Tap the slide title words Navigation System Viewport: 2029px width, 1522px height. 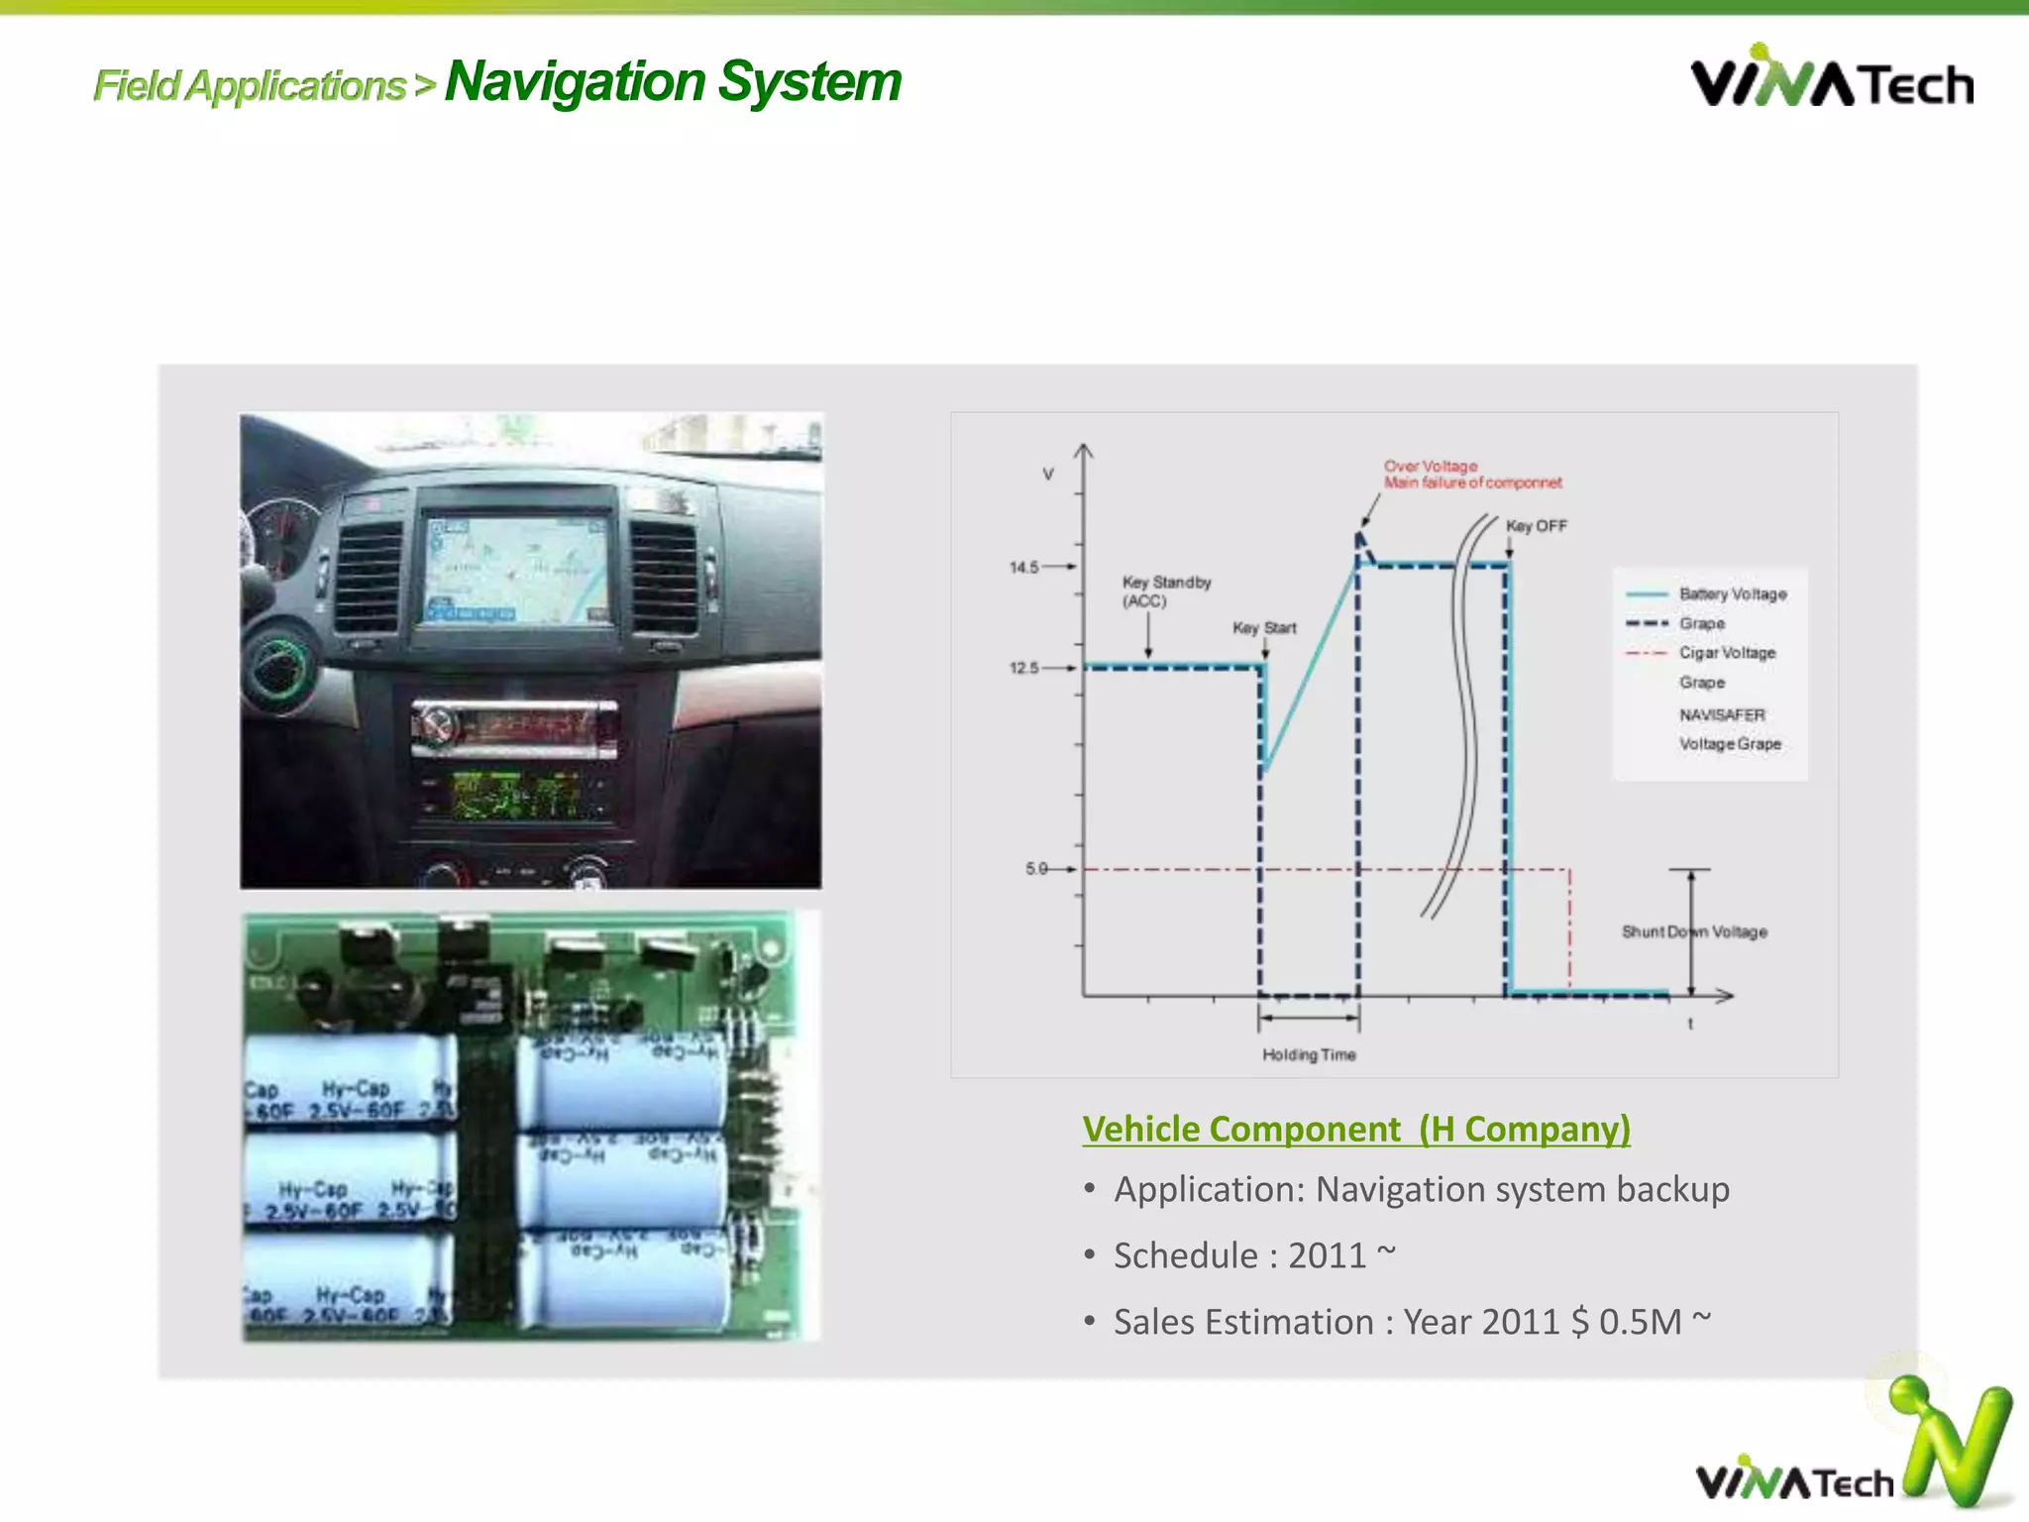click(673, 81)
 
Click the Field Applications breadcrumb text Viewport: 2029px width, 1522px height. click(250, 86)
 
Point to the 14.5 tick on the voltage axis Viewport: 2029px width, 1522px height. click(1024, 568)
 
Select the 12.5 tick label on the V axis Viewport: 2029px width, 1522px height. click(1024, 668)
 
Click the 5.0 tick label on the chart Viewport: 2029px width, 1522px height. click(1036, 869)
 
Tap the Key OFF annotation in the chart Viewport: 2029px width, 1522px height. click(1537, 526)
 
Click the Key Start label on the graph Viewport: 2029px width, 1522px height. click(1264, 628)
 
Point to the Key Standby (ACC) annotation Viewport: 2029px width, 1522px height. click(1166, 592)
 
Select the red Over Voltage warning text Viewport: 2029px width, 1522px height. click(1472, 475)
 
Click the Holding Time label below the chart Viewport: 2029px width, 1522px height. click(1309, 1055)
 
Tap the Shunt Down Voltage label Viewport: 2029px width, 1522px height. click(1694, 931)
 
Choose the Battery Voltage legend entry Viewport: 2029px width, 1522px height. click(1732, 594)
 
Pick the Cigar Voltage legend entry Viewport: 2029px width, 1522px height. click(1727, 653)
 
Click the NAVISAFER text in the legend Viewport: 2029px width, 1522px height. click(1722, 714)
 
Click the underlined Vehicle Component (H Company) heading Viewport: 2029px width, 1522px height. click(1356, 1129)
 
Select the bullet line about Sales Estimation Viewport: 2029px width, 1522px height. click(1412, 1322)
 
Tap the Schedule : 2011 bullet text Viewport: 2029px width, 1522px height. click(1254, 1255)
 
